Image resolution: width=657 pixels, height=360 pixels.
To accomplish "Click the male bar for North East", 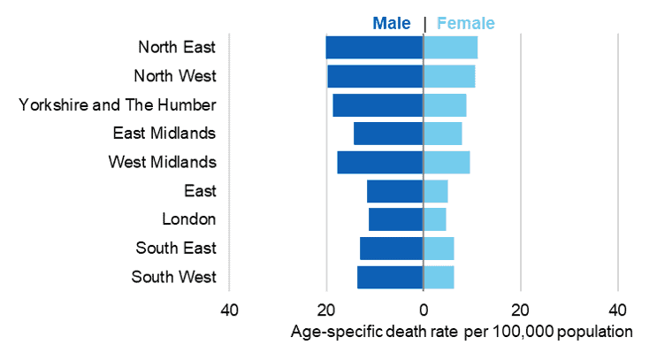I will click(x=374, y=48).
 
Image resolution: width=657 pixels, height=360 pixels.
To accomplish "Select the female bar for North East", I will click(x=450, y=48).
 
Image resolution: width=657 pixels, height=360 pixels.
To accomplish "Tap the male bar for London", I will click(x=395, y=219).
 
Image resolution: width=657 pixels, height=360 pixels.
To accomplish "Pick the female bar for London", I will click(x=434, y=219).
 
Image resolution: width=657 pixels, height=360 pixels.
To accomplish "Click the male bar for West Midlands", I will click(x=379, y=163).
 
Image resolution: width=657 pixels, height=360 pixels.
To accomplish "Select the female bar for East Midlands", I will click(x=442, y=134).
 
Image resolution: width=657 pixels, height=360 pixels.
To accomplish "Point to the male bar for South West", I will click(x=390, y=277).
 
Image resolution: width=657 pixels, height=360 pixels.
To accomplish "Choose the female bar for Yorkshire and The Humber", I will click(x=445, y=105).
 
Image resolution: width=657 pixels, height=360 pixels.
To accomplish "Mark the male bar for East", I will click(x=394, y=191).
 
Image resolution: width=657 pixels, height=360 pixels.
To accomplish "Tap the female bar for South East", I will click(x=439, y=249).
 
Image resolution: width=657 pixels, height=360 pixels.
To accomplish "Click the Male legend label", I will click(x=392, y=23).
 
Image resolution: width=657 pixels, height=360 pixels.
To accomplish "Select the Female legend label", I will click(x=465, y=23).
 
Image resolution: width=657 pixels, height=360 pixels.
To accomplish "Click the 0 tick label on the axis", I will click(x=424, y=310).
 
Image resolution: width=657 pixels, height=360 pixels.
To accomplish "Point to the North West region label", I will click(x=174, y=76).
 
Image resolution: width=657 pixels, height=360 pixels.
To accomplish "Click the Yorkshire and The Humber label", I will click(x=118, y=105).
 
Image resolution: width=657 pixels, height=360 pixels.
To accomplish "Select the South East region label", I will click(x=176, y=249).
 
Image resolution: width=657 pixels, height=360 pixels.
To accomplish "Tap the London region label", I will click(x=189, y=219).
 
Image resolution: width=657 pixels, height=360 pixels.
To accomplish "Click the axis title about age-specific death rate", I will click(x=462, y=333).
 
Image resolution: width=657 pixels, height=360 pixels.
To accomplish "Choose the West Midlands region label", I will click(x=162, y=163).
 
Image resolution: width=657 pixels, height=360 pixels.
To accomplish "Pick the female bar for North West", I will click(x=449, y=76).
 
